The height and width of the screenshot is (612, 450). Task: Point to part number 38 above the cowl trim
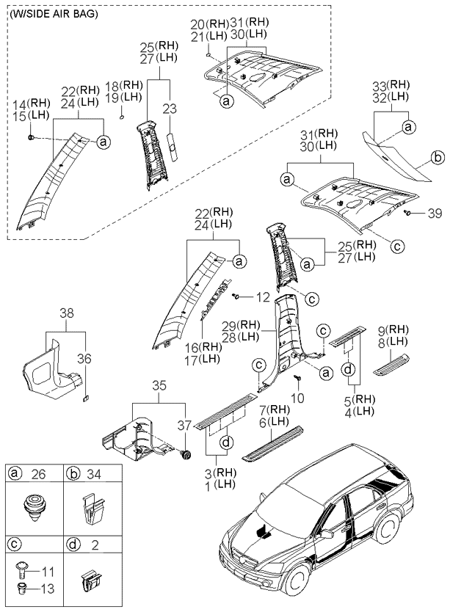click(x=66, y=313)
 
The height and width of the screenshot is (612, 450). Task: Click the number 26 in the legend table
click(x=34, y=475)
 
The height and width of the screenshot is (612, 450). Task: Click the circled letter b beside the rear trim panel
click(x=437, y=156)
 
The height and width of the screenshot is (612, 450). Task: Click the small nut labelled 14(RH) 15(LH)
click(x=32, y=136)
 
